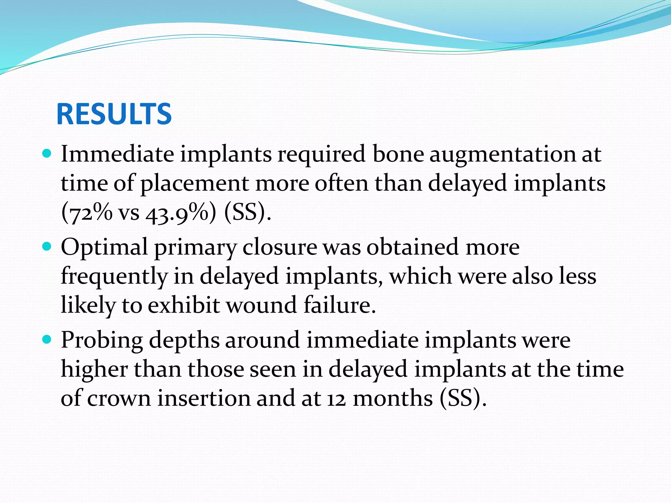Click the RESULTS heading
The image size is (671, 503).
click(114, 114)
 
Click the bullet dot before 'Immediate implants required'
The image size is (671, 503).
click(48, 154)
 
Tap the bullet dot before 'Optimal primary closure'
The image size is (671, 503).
click(48, 246)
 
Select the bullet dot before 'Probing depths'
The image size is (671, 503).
click(48, 340)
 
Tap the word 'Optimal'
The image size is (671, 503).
click(104, 247)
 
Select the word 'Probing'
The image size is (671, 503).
click(102, 341)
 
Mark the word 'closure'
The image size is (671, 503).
click(279, 247)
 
